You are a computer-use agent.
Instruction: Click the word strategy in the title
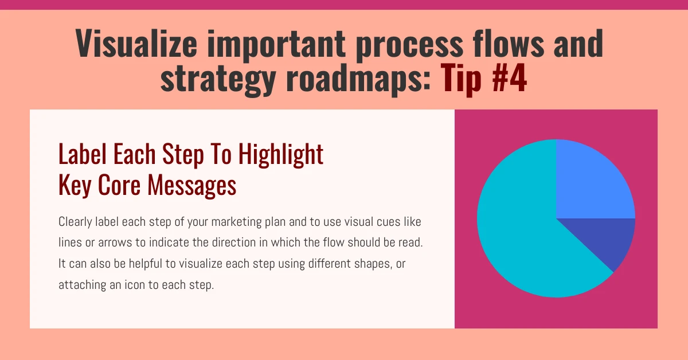coord(218,79)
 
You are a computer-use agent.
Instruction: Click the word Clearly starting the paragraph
coord(74,221)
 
